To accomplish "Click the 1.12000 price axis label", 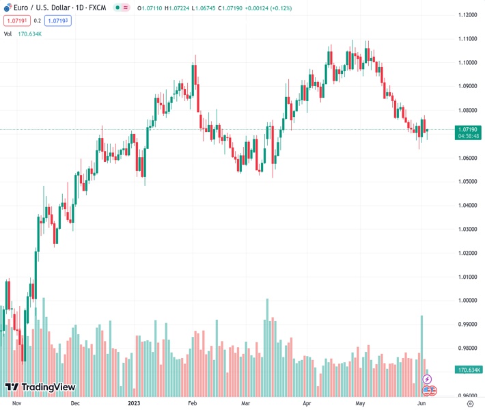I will point(467,15).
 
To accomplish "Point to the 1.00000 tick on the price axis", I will point(467,301).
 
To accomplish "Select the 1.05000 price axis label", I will point(467,182).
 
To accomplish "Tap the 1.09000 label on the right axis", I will point(467,86).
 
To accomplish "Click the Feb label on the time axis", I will point(192,403).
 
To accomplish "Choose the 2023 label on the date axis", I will point(133,403).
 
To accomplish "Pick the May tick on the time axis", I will point(361,403).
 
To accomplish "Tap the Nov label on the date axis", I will point(18,403).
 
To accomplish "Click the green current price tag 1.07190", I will point(469,128).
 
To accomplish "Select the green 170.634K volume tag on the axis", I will point(469,370).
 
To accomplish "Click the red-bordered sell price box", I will point(15,20).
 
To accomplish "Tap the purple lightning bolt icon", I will point(428,379).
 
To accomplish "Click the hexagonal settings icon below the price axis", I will point(470,403).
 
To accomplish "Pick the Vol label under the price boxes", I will point(8,33).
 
